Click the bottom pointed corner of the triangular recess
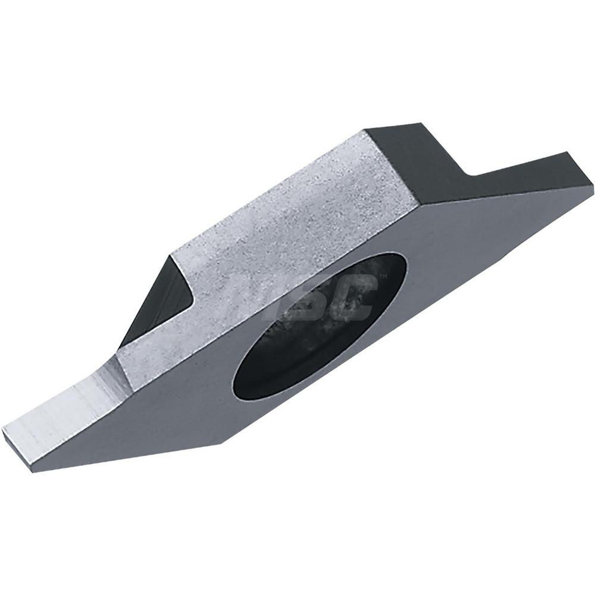(122, 347)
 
